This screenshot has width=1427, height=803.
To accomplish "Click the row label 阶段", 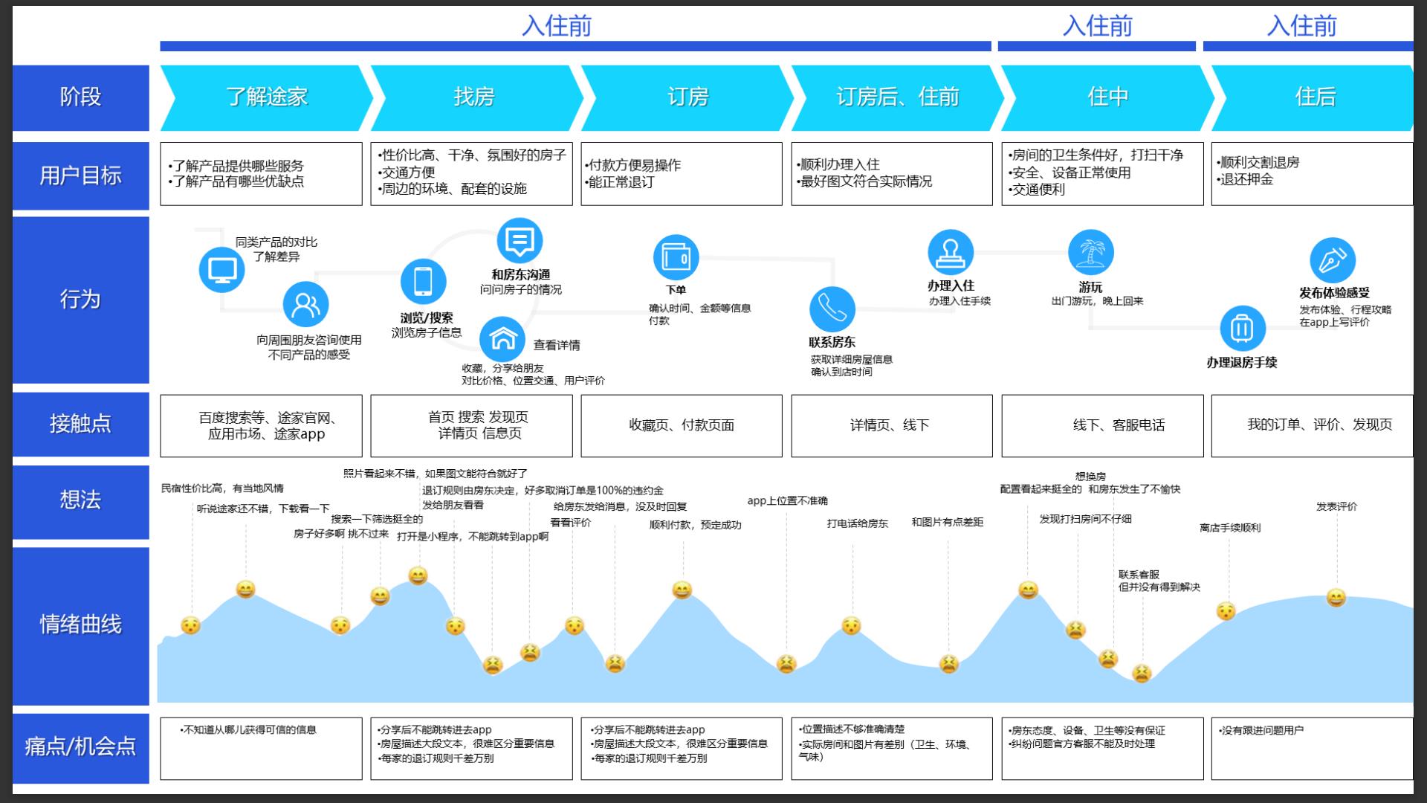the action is [x=80, y=97].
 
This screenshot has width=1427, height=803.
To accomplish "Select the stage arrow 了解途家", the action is [x=267, y=97].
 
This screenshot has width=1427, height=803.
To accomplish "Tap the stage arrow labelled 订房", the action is [x=688, y=97].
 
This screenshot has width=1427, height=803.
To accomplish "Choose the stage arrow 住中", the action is [x=1108, y=97].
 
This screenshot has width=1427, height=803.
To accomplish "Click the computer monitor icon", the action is [x=221, y=269].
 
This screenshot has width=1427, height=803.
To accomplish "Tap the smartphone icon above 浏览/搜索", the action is [x=423, y=281].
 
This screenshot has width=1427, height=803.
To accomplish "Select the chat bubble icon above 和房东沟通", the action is [x=520, y=241].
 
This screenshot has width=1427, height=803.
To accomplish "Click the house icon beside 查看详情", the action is [x=502, y=338].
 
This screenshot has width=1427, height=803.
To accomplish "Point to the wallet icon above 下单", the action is [x=676, y=257].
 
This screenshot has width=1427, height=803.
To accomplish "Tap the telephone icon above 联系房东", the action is [x=832, y=309].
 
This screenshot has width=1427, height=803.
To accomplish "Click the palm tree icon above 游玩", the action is [x=1090, y=252].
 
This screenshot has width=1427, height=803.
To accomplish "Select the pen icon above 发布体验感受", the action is [x=1333, y=260].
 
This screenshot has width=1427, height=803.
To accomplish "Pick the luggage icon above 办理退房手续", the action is [x=1243, y=328].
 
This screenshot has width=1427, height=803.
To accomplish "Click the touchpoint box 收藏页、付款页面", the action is [x=682, y=425].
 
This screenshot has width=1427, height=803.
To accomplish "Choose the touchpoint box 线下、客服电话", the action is [x=1102, y=425].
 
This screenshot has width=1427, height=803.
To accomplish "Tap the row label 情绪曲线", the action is [x=80, y=625].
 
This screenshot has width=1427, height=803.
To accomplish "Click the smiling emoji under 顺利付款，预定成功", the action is [x=682, y=590].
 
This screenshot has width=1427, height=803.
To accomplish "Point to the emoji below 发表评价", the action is [x=1336, y=597].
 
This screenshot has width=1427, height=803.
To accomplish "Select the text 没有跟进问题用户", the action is [x=1261, y=730].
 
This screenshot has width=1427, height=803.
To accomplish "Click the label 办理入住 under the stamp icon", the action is [x=951, y=286].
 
